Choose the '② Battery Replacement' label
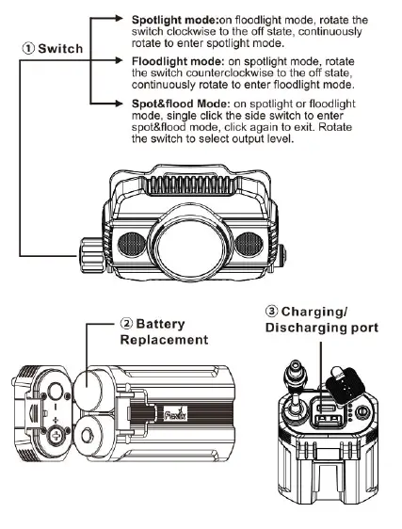(161, 330)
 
